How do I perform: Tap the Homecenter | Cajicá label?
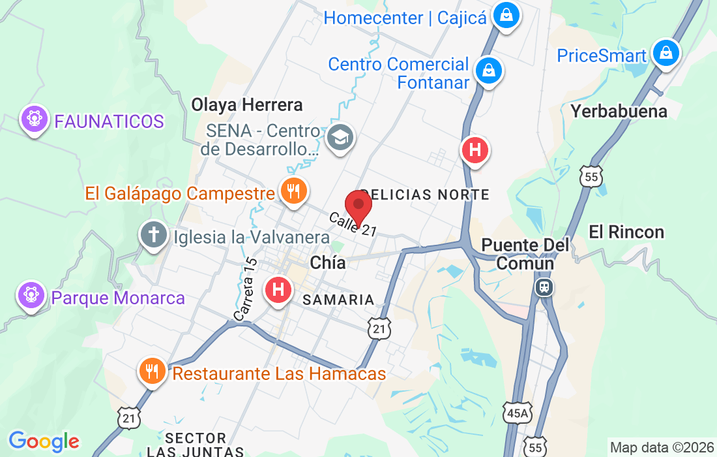coord(405,18)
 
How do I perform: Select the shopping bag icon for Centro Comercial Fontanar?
coord(488,70)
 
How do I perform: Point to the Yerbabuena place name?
coord(619,111)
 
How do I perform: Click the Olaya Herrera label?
coord(246,104)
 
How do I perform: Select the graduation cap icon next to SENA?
coord(339,138)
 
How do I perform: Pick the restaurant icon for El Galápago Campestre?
coord(293,191)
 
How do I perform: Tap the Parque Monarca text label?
coord(118,298)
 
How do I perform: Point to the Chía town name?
coord(327,262)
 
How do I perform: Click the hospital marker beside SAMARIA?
coord(278,289)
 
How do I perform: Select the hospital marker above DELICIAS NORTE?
coord(475,151)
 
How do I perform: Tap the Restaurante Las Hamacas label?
coord(279,373)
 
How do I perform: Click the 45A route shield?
coord(517,411)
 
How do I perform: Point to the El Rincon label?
coord(617,232)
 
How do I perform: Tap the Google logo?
coord(43,441)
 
